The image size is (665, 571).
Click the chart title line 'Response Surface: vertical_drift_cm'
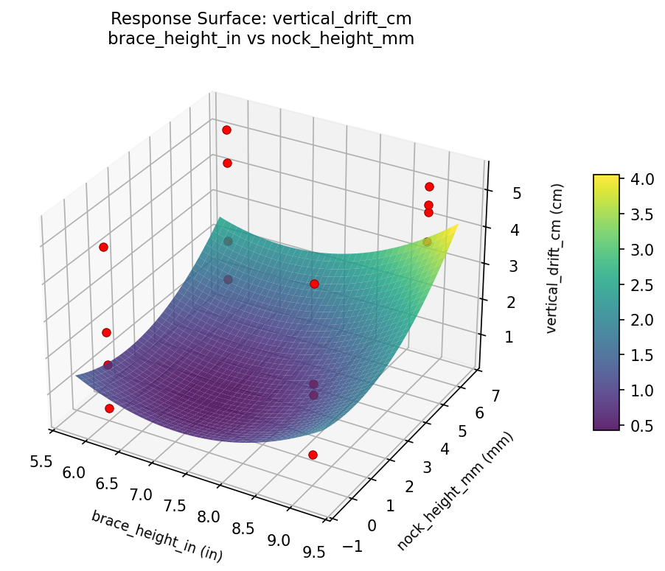pyautogui.click(x=261, y=18)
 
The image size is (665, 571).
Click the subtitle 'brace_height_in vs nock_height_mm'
pyautogui.click(x=261, y=39)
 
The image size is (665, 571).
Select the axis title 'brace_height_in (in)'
pyautogui.click(x=156, y=536)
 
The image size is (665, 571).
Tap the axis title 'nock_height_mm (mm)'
pyautogui.click(x=455, y=491)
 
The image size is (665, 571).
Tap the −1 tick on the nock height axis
pyautogui.click(x=354, y=546)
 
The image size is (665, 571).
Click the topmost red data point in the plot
pyautogui.click(x=226, y=130)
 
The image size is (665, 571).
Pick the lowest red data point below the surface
pyautogui.click(x=313, y=455)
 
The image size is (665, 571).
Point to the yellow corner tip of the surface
pyautogui.click(x=458, y=224)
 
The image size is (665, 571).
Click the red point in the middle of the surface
pyautogui.click(x=314, y=284)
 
